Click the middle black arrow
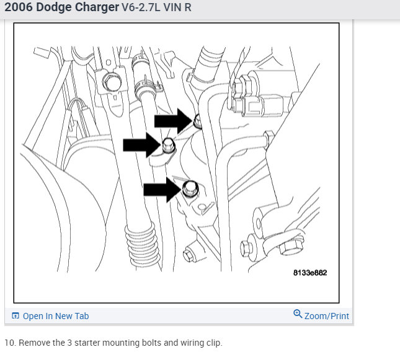tap(142, 145)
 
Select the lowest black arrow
tap(162, 190)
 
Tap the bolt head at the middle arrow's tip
tap(168, 146)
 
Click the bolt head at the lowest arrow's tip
tap(190, 189)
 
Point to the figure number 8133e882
tap(310, 273)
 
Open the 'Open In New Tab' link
tap(56, 316)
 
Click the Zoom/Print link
tap(327, 316)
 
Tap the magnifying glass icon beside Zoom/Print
tap(298, 314)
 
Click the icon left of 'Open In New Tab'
tap(16, 315)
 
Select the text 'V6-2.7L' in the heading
tap(141, 7)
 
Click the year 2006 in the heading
tap(19, 7)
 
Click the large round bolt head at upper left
tap(112, 82)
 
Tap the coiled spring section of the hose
tap(142, 245)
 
